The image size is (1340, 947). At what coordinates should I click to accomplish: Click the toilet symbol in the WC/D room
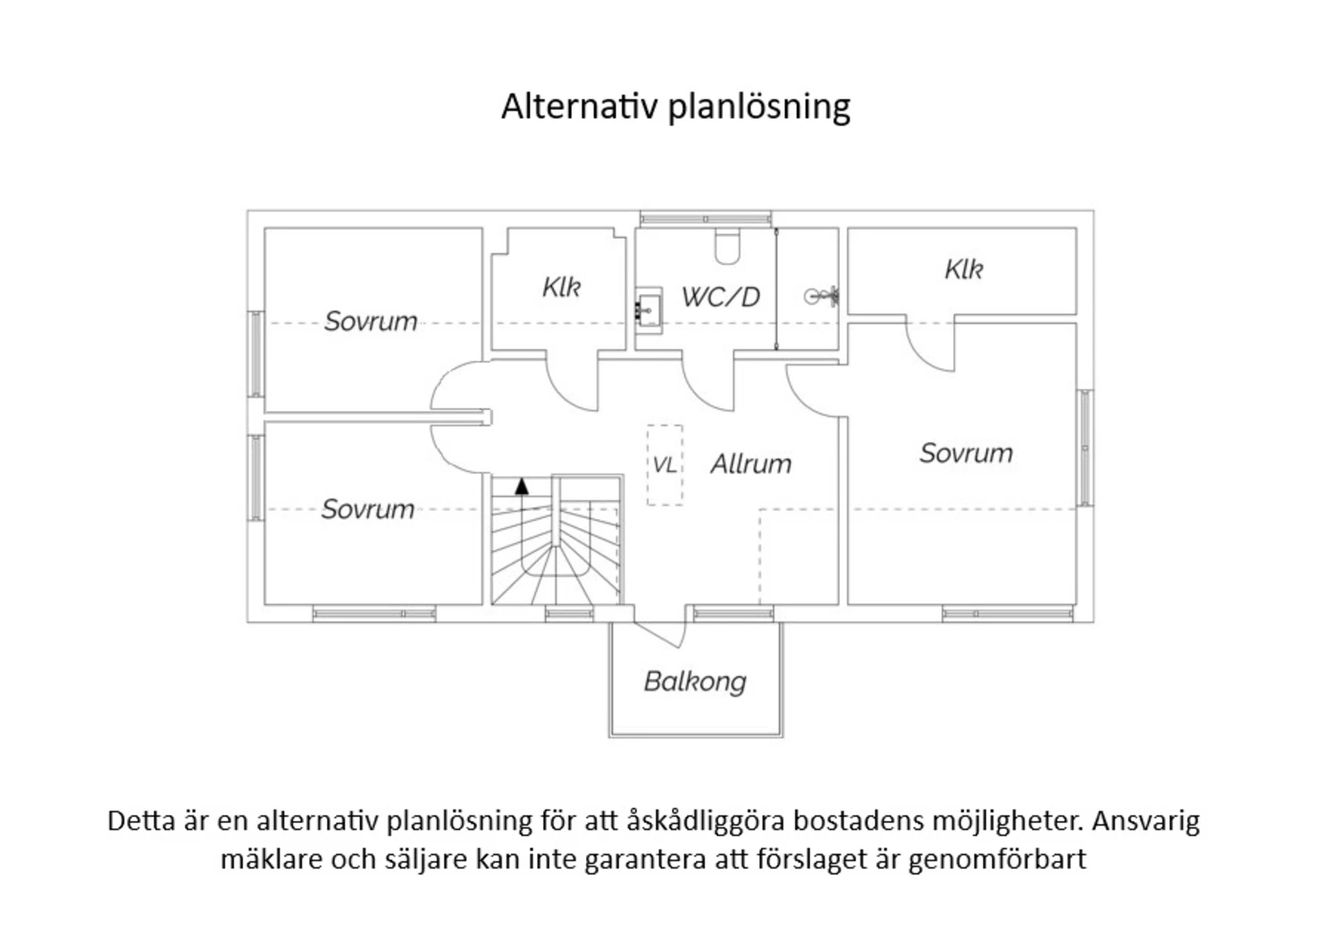(727, 246)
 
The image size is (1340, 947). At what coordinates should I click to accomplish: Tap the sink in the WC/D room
(649, 311)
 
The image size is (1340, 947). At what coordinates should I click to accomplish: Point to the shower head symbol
(821, 296)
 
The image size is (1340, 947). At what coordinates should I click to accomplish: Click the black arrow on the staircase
(522, 486)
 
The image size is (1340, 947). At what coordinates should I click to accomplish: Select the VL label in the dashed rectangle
(665, 465)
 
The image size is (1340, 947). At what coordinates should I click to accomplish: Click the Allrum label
(750, 464)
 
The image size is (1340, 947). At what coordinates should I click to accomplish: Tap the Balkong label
(695, 683)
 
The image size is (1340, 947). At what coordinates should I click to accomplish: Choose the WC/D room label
(721, 297)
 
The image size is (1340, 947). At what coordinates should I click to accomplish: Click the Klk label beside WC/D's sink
(561, 287)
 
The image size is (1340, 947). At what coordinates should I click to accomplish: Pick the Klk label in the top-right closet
(964, 269)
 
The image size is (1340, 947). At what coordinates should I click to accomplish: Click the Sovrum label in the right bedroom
(966, 453)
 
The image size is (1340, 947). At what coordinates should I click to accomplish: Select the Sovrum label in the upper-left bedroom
(371, 322)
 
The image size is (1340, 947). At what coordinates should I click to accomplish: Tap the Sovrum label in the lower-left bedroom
(368, 509)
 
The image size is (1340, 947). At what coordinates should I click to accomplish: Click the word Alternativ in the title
(580, 106)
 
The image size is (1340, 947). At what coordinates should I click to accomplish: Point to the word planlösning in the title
(759, 108)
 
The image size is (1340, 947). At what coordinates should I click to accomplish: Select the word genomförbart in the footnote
(997, 860)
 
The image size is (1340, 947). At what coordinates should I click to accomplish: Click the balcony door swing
(659, 634)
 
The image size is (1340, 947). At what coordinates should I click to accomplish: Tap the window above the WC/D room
(706, 219)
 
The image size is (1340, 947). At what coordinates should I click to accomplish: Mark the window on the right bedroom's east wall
(1085, 448)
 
